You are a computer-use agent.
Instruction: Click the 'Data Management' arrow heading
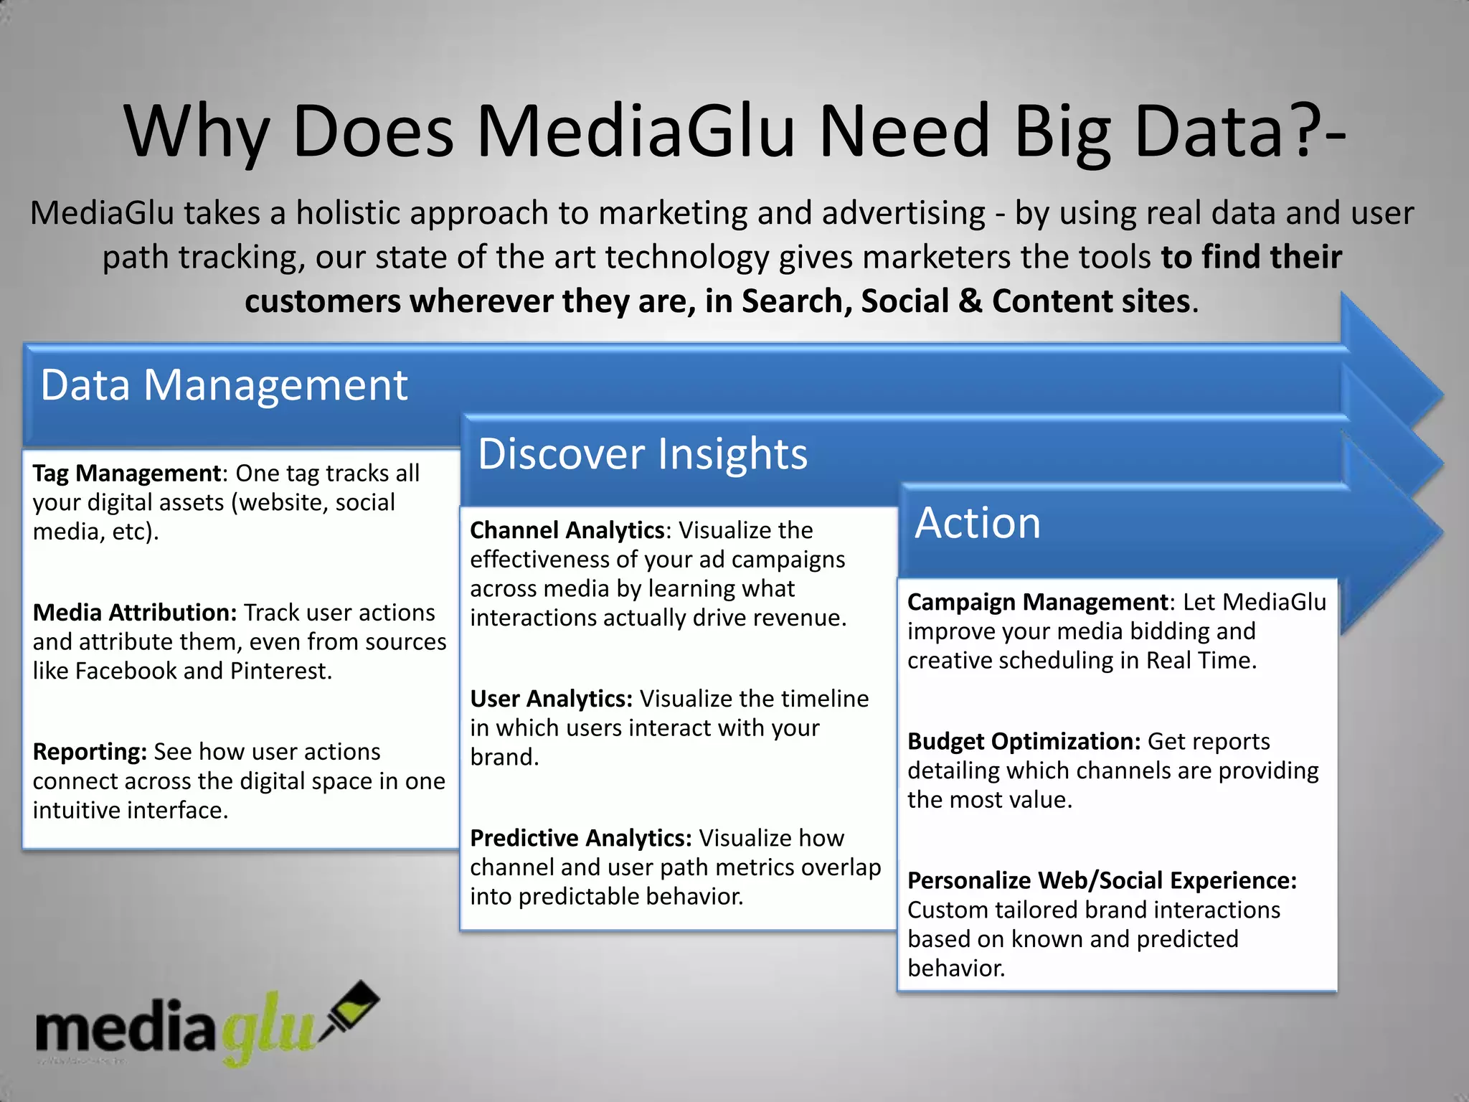coord(224,385)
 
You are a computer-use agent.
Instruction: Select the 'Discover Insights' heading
coord(642,454)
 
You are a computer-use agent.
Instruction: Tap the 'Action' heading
coord(977,523)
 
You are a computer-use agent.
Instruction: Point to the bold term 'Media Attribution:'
coord(135,613)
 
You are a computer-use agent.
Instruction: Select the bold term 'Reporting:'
coord(90,752)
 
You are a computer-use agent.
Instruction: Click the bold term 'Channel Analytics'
coord(567,530)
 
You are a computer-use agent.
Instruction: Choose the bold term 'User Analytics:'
coord(551,699)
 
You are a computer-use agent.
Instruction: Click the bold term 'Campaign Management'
coord(1038,602)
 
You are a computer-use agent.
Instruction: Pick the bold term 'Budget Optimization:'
coord(1024,741)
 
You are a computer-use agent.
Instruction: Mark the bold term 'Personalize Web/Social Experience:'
coord(1102,880)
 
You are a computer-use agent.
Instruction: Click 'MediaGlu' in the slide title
coord(636,131)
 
